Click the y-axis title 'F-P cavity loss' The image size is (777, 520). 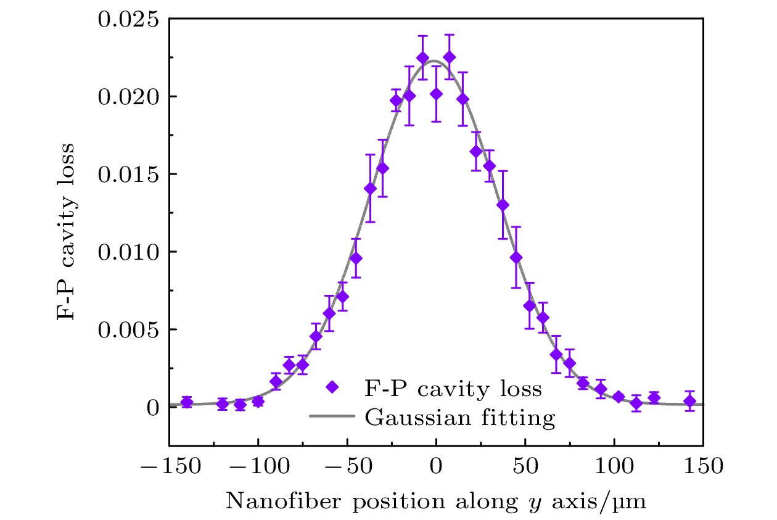pyautogui.click(x=67, y=231)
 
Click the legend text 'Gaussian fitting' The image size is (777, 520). pyautogui.click(x=460, y=418)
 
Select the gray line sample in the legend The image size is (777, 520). pyautogui.click(x=332, y=417)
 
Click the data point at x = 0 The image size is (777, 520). pyautogui.click(x=436, y=94)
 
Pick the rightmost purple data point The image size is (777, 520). pyautogui.click(x=690, y=401)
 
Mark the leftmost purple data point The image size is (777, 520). pyautogui.click(x=187, y=402)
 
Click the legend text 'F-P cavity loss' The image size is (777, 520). pyautogui.click(x=453, y=389)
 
